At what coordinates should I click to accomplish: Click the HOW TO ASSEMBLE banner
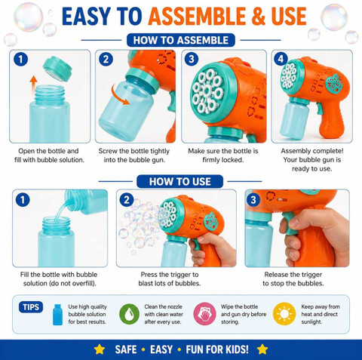pos(181,40)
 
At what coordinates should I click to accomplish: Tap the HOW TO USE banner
pos(179,181)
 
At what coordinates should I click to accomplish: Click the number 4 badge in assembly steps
pos(281,59)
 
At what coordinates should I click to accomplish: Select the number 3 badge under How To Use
pos(253,200)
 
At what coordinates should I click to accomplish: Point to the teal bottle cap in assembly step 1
pos(57,69)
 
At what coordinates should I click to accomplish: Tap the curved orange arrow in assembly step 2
pos(119,95)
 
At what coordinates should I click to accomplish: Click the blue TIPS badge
pos(31,307)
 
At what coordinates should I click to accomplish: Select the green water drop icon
pos(129,314)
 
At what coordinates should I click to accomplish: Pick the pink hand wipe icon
pos(204,314)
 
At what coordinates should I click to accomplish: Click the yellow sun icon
pos(284,314)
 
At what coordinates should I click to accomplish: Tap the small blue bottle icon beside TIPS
pos(57,315)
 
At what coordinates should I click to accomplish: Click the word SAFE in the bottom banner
pos(126,349)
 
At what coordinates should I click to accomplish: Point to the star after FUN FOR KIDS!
pos(262,349)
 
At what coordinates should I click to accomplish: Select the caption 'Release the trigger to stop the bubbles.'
pos(293,278)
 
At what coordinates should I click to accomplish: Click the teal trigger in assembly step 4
pos(319,108)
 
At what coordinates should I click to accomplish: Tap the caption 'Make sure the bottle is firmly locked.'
pos(223,155)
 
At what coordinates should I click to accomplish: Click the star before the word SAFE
pos(100,349)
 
